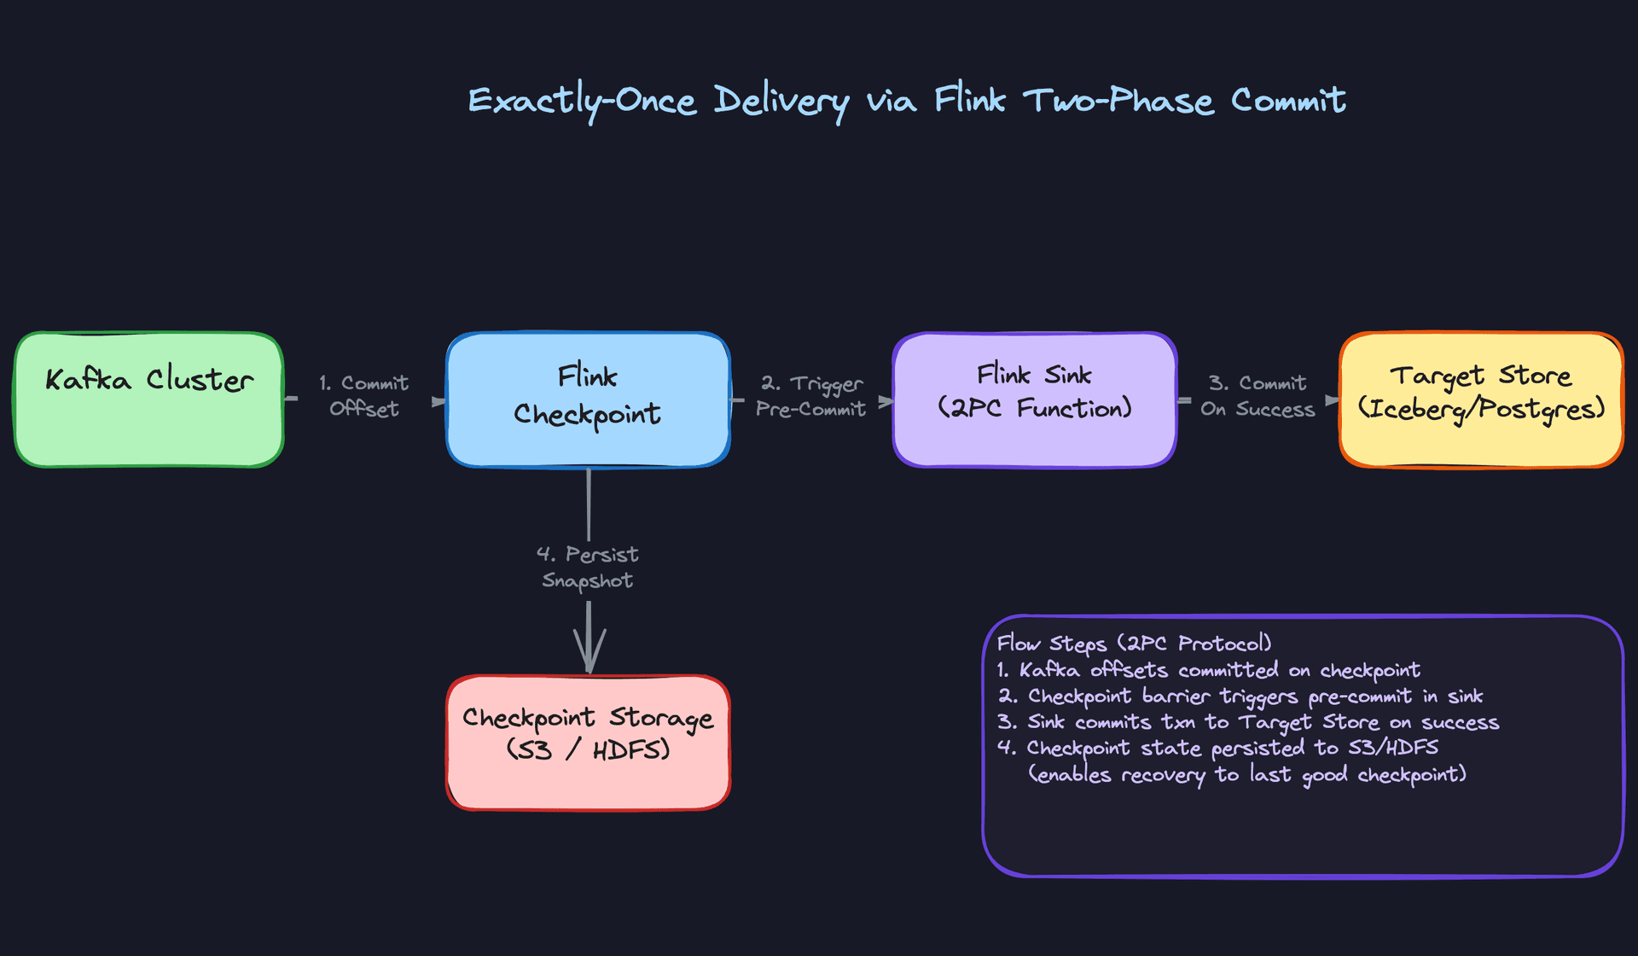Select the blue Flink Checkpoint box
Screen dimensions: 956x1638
pyautogui.click(x=588, y=399)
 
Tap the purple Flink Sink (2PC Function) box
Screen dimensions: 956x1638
pyautogui.click(x=1034, y=399)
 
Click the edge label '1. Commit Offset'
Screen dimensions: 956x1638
pyautogui.click(x=364, y=396)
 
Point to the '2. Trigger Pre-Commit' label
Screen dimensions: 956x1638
pyautogui.click(x=810, y=397)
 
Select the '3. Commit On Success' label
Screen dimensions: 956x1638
pyautogui.click(x=1258, y=397)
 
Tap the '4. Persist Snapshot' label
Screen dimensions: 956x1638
pyautogui.click(x=588, y=568)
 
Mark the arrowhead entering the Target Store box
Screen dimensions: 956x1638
pyautogui.click(x=1331, y=399)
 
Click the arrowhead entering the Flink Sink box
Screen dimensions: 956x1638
pyautogui.click(x=886, y=400)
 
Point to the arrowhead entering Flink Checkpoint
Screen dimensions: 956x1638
pyautogui.click(x=439, y=401)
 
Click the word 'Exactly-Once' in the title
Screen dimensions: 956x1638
pyautogui.click(x=582, y=102)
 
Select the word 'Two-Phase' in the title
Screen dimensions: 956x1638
pyautogui.click(x=1118, y=102)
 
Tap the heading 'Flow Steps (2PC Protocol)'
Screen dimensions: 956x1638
pyautogui.click(x=1134, y=644)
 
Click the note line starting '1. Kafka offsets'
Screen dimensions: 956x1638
pyautogui.click(x=1208, y=670)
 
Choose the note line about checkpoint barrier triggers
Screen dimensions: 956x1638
pyautogui.click(x=1240, y=697)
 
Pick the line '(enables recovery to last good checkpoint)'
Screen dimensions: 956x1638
pyautogui.click(x=1247, y=775)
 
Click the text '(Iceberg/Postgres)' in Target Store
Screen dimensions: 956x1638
pyautogui.click(x=1481, y=410)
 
